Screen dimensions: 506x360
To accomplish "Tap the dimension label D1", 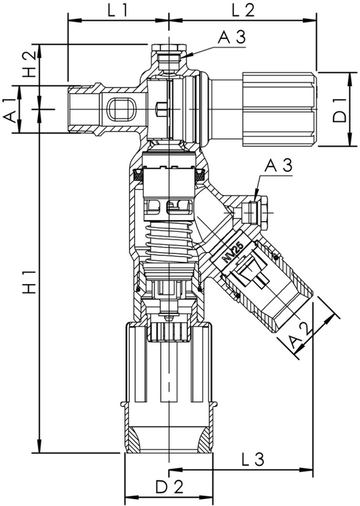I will [x=339, y=110].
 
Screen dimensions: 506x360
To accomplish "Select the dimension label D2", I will [x=168, y=487].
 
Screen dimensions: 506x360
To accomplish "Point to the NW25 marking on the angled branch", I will [x=232, y=252].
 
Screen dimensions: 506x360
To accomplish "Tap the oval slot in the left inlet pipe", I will [x=121, y=109].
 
